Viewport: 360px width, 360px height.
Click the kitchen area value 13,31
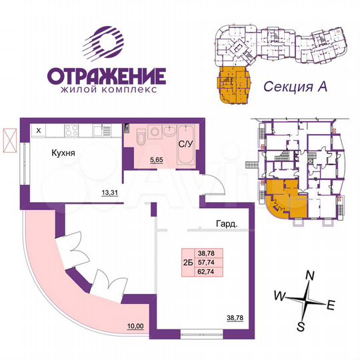109,194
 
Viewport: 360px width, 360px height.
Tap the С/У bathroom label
185,143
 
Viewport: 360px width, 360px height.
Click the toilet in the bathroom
139,137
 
